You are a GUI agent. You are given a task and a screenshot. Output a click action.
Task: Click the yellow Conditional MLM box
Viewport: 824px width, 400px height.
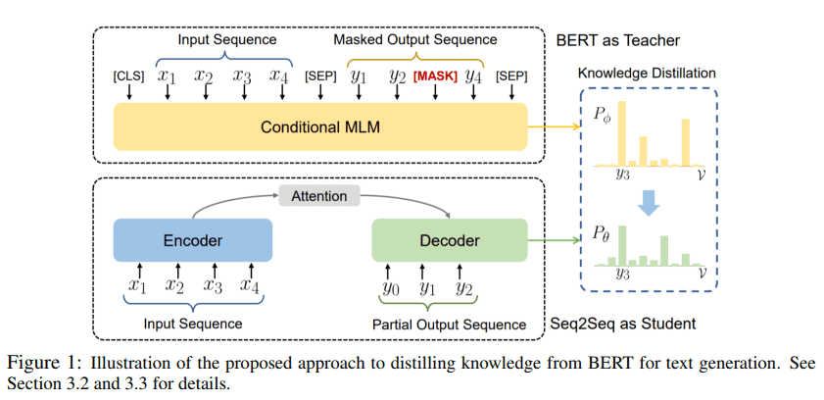pos(319,127)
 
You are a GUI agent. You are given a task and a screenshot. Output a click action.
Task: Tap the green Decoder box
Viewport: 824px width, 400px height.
pos(450,241)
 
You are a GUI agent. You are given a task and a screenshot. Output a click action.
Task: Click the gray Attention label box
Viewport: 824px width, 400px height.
pos(318,196)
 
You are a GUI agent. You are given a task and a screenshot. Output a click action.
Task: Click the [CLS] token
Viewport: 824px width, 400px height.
pos(128,75)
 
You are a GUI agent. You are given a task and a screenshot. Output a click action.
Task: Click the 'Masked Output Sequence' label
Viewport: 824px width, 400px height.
pos(414,40)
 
